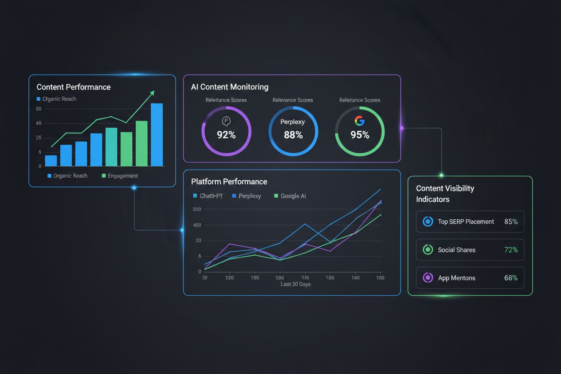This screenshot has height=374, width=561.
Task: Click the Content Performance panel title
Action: pyautogui.click(x=73, y=87)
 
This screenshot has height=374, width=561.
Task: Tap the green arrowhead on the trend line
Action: pyautogui.click(x=152, y=93)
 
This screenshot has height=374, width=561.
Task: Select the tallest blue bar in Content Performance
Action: pyautogui.click(x=156, y=135)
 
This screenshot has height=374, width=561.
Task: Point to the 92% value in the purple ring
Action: pyautogui.click(x=226, y=135)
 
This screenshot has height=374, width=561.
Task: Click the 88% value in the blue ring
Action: pyautogui.click(x=293, y=135)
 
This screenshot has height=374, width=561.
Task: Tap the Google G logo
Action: pyautogui.click(x=359, y=120)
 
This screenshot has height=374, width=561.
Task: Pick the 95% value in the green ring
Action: pyautogui.click(x=360, y=135)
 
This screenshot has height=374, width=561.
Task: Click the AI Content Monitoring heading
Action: pyautogui.click(x=229, y=87)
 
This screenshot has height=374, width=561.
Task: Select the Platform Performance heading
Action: pyautogui.click(x=229, y=182)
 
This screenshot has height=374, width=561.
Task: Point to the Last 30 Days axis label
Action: pyautogui.click(x=295, y=284)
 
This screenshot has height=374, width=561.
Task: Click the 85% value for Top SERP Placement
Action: pyautogui.click(x=511, y=222)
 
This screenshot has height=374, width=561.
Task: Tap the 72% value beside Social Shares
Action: pyautogui.click(x=511, y=250)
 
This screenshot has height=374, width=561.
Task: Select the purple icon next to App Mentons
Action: pyautogui.click(x=428, y=278)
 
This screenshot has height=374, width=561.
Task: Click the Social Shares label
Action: pyautogui.click(x=456, y=250)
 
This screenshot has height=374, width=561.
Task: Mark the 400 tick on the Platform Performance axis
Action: pyautogui.click(x=196, y=225)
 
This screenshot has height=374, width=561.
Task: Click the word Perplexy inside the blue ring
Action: pyautogui.click(x=293, y=122)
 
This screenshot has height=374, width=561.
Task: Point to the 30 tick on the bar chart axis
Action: pyautogui.click(x=38, y=109)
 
